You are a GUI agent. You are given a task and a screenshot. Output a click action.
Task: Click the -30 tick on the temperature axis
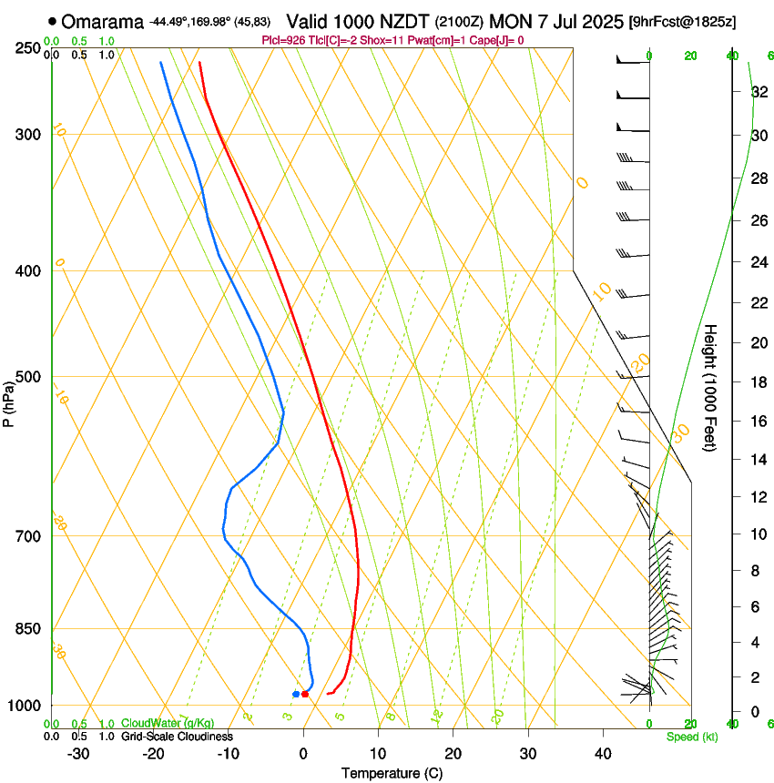[x=78, y=754]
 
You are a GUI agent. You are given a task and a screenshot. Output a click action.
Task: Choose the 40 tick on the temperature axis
[x=602, y=754]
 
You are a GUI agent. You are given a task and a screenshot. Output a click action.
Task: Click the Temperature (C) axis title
[x=392, y=773]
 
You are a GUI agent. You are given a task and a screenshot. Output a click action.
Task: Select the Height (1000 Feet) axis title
[x=711, y=387]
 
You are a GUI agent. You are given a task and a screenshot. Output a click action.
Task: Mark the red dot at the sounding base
[x=305, y=695]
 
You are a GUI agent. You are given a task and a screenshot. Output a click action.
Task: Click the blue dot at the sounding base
[x=296, y=695]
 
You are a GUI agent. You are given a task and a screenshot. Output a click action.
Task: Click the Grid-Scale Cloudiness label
[x=177, y=737]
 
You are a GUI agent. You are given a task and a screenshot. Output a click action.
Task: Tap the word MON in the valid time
[x=510, y=21]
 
